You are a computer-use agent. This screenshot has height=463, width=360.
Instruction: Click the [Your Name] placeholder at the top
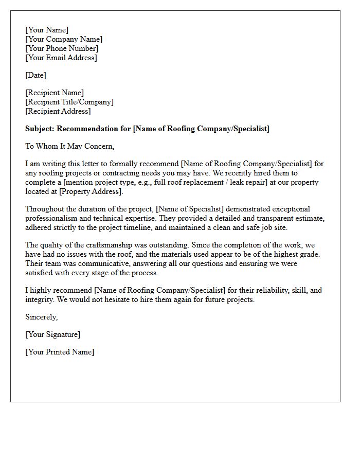click(x=47, y=30)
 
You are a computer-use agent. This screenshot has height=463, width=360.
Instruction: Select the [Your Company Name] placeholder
click(x=64, y=40)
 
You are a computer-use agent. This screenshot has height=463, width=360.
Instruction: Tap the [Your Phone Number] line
click(x=62, y=49)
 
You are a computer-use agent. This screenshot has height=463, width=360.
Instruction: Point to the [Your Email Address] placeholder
click(x=61, y=58)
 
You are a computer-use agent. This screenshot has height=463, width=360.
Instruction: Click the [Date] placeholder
click(x=35, y=76)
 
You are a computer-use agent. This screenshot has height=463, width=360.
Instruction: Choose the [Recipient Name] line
click(x=55, y=93)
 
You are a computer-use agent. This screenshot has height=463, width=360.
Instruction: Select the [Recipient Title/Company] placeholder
click(x=69, y=102)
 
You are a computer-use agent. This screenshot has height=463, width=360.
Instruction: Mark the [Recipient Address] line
click(x=58, y=112)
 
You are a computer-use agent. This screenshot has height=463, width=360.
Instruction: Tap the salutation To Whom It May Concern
click(x=69, y=147)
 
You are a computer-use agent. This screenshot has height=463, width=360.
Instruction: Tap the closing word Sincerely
click(x=41, y=317)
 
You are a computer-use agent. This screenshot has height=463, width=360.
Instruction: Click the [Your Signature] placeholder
click(x=52, y=335)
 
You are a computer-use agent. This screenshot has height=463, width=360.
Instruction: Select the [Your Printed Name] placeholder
click(x=60, y=352)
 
